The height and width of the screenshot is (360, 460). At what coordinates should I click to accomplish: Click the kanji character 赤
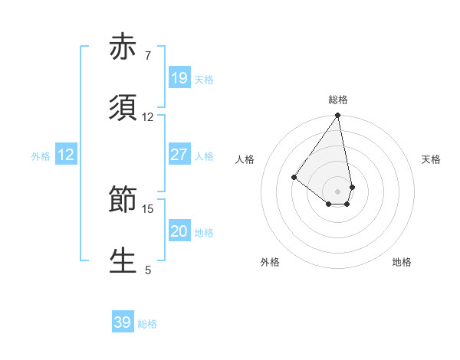click(x=123, y=47)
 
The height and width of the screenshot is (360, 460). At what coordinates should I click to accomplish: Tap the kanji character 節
click(x=123, y=201)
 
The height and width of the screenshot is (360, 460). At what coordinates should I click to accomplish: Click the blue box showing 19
click(x=179, y=78)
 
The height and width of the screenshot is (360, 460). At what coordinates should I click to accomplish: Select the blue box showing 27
click(x=179, y=155)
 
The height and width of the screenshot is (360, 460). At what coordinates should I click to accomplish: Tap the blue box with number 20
click(x=179, y=231)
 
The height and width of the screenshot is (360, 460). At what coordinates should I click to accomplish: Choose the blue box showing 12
click(x=66, y=155)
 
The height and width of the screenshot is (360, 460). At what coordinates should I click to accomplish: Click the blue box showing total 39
click(x=123, y=322)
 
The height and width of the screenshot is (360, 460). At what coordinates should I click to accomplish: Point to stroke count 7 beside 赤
click(x=147, y=56)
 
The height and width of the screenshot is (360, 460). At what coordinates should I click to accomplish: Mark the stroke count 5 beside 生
click(x=147, y=269)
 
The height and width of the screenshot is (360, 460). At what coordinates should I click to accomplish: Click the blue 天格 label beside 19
click(x=204, y=80)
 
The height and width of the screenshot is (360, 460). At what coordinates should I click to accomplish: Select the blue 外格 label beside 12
click(x=41, y=156)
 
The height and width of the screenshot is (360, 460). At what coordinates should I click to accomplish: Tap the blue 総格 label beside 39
click(x=147, y=324)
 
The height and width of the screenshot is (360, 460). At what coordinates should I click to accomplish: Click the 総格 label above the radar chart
click(x=338, y=100)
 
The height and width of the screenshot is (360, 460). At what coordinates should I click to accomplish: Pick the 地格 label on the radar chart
click(x=402, y=262)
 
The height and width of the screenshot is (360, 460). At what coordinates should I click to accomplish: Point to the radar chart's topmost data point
click(x=338, y=116)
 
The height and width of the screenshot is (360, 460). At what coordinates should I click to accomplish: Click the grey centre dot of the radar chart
click(x=338, y=191)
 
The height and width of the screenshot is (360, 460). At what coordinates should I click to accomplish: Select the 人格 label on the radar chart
click(x=245, y=159)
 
